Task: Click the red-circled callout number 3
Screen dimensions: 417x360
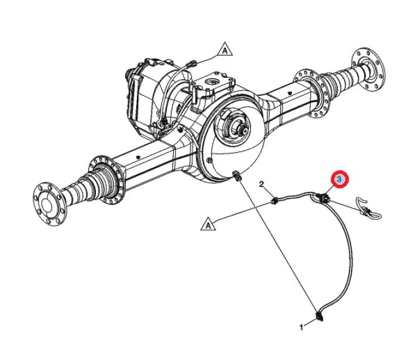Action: click(x=339, y=179)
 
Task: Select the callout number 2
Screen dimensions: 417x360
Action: click(x=261, y=184)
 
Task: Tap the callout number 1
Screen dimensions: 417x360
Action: click(x=301, y=328)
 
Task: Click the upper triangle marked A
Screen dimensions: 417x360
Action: click(x=225, y=49)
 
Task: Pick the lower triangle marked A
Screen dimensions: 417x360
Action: click(x=208, y=224)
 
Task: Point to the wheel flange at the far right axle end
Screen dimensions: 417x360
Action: click(x=368, y=69)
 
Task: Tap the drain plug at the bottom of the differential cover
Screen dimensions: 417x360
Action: click(x=237, y=176)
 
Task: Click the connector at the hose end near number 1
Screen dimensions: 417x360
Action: click(x=320, y=316)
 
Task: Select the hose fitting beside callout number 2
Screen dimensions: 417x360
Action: click(x=274, y=201)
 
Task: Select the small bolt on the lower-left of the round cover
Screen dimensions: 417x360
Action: click(x=209, y=160)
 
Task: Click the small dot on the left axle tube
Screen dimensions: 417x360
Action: click(x=138, y=157)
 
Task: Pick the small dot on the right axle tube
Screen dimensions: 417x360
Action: click(x=289, y=93)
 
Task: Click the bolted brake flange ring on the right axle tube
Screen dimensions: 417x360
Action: click(x=312, y=93)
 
